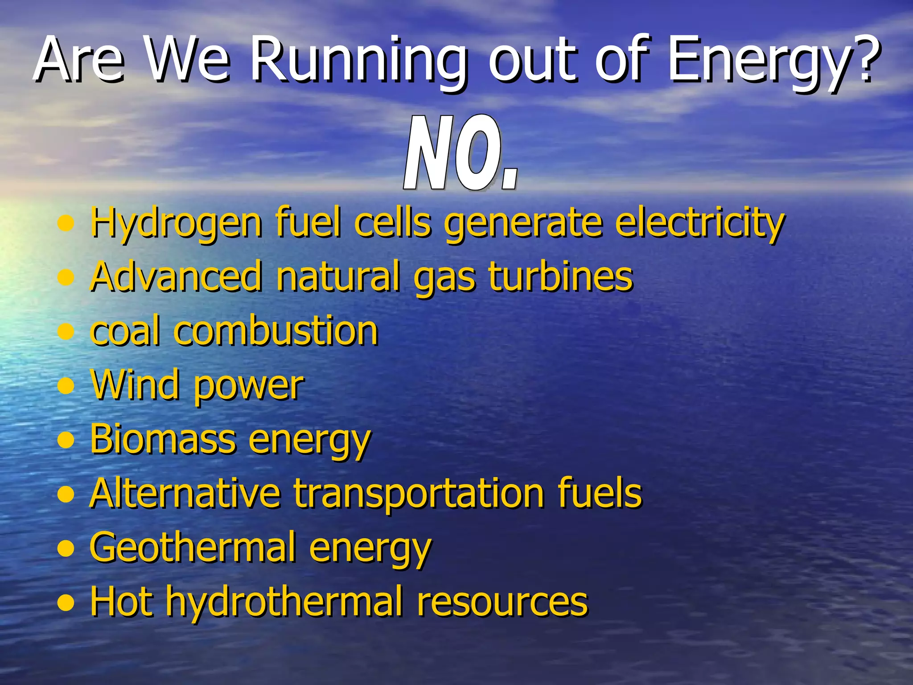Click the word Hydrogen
[x=176, y=223]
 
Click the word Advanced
[x=176, y=276]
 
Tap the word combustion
[x=276, y=331]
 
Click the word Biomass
[x=163, y=439]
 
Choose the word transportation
[x=419, y=493]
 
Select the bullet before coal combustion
[x=66, y=331]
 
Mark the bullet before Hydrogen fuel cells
[x=66, y=223]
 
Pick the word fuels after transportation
[x=600, y=493]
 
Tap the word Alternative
[x=185, y=493]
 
